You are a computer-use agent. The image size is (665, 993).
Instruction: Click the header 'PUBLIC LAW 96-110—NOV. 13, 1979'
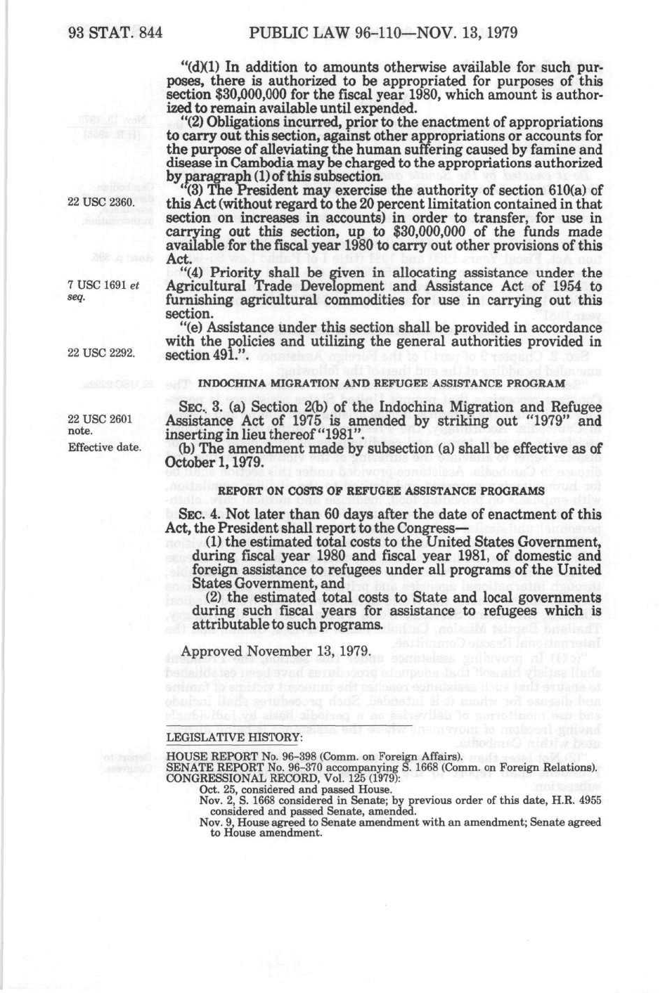click(x=383, y=32)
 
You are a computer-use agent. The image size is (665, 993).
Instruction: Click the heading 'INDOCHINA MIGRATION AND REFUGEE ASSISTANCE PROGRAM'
click(x=382, y=383)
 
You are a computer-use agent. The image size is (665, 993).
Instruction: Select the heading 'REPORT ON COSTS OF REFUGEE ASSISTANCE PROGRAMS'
click(x=382, y=490)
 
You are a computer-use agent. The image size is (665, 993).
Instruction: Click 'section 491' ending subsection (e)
click(x=199, y=356)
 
